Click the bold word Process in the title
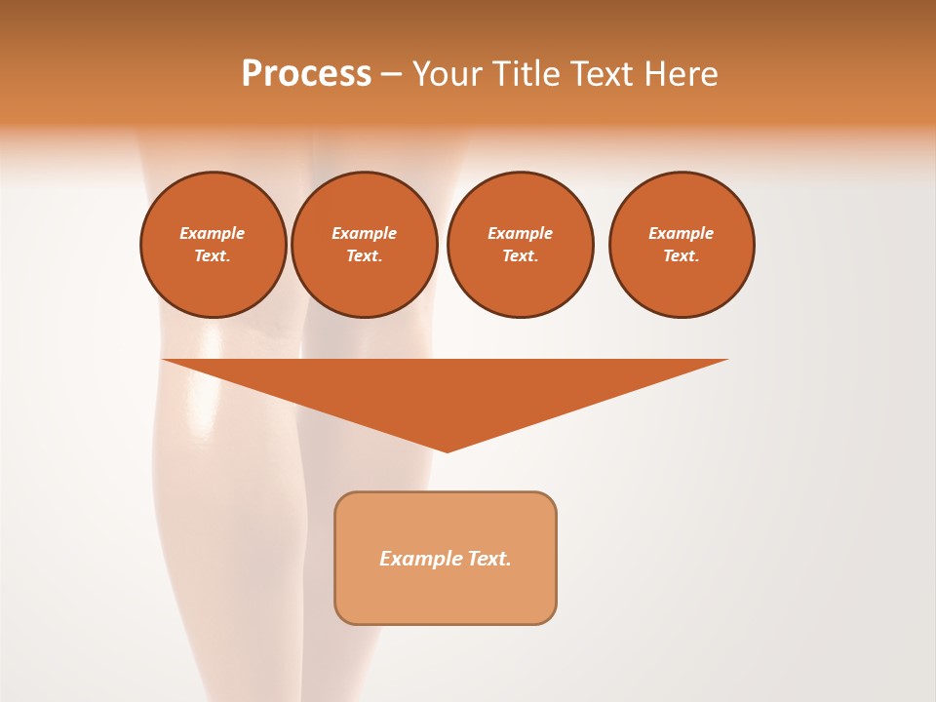click(306, 74)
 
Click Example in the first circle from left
click(213, 233)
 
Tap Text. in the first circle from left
click(213, 255)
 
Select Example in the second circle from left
click(365, 233)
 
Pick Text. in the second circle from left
click(365, 255)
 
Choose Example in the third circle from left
click(521, 233)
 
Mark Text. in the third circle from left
click(521, 255)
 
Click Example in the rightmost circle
click(682, 233)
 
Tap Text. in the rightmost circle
click(682, 255)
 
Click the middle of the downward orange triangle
click(446, 390)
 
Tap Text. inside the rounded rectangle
click(489, 559)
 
